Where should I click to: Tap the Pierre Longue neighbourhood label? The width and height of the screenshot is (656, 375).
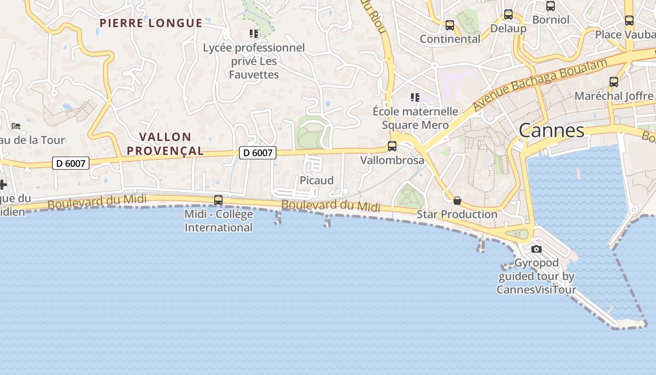click(x=151, y=23)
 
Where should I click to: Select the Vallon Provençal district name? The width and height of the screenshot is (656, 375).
click(x=165, y=143)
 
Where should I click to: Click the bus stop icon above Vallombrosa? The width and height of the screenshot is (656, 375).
click(x=392, y=146)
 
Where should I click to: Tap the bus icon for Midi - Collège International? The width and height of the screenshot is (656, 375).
click(x=218, y=200)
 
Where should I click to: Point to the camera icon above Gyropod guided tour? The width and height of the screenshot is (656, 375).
click(x=537, y=249)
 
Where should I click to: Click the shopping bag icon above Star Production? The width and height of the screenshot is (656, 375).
click(x=457, y=201)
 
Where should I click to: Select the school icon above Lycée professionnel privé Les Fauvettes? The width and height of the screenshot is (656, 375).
click(x=254, y=33)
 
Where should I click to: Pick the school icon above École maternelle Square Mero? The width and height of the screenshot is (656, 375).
click(x=415, y=97)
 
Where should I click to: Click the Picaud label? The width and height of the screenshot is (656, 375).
click(x=317, y=180)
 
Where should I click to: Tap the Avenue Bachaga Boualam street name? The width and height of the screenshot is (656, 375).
click(x=540, y=84)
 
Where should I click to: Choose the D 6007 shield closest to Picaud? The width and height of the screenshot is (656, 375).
click(x=258, y=152)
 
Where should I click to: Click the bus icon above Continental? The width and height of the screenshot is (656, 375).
click(x=450, y=25)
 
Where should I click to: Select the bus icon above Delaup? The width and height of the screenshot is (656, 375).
click(x=508, y=15)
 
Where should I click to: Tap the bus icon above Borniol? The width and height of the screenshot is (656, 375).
click(x=551, y=6)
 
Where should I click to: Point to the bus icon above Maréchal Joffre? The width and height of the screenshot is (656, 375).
click(x=614, y=82)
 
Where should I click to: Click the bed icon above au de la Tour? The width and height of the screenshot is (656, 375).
click(x=16, y=126)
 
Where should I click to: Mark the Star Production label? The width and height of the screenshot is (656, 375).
click(x=457, y=214)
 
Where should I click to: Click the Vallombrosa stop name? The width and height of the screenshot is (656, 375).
click(x=392, y=160)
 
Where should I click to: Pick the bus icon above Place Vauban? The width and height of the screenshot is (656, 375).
click(x=629, y=21)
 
